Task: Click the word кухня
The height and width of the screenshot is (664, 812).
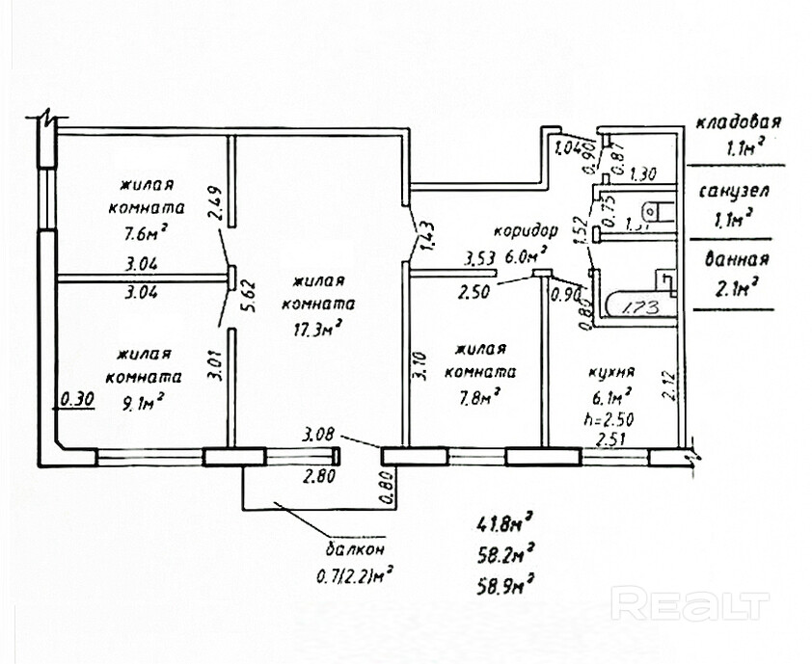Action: (610, 371)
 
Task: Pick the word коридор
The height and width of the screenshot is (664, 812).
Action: (526, 232)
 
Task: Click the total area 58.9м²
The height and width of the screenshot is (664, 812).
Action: (504, 582)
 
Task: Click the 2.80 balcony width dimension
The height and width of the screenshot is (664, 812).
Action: (319, 475)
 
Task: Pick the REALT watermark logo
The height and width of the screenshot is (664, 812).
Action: (690, 605)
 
